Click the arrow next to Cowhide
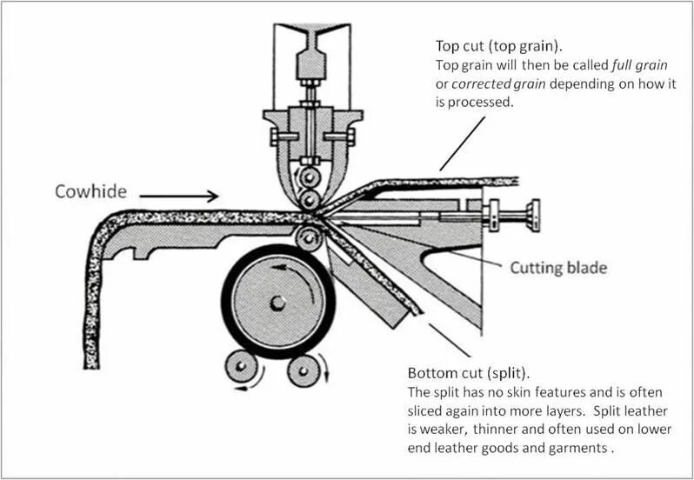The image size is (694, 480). point(179,197)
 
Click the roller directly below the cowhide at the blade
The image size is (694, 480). point(306,236)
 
